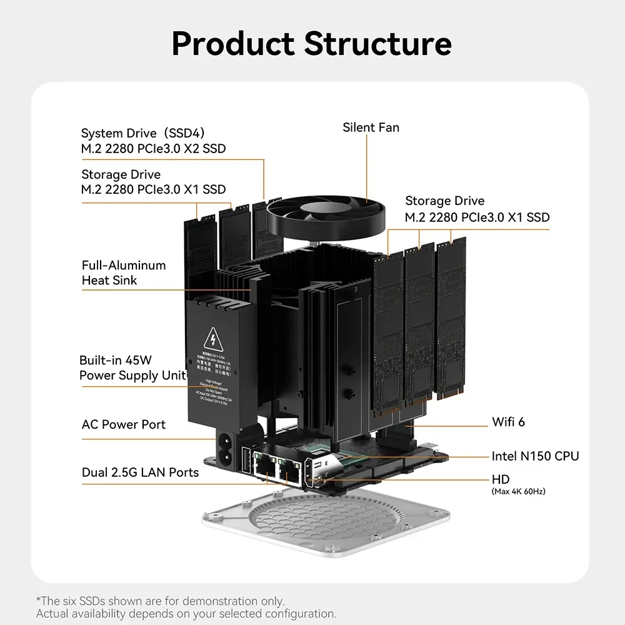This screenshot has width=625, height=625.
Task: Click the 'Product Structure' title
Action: click(x=311, y=44)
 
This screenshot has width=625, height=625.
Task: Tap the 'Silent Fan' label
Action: click(x=371, y=127)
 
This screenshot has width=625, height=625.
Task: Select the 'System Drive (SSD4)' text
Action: click(x=143, y=133)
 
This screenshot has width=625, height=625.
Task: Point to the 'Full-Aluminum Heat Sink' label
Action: click(x=124, y=272)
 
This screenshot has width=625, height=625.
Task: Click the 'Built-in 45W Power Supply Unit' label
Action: click(x=132, y=368)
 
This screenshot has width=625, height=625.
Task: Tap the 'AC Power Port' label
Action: click(x=124, y=425)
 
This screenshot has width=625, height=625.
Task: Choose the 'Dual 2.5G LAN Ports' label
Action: click(x=140, y=472)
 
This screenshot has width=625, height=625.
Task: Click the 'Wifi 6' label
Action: click(x=509, y=422)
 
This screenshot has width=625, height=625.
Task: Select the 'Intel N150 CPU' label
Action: click(x=535, y=456)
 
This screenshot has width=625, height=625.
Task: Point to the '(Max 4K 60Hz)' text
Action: click(x=519, y=492)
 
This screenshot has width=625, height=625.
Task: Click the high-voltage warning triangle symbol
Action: click(x=215, y=341)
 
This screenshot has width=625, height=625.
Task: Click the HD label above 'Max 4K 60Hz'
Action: click(x=501, y=479)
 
